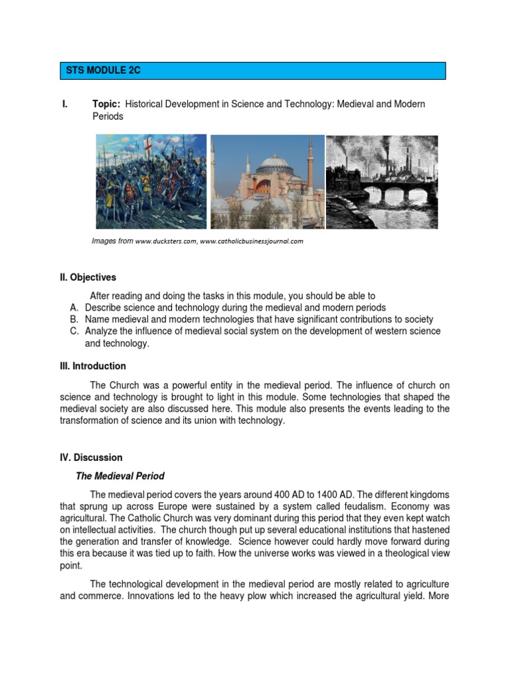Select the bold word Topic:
106,104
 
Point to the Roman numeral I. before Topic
64,104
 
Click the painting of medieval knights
151,181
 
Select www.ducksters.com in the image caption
165,241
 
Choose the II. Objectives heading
88,277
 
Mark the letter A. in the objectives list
73,307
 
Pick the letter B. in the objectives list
73,319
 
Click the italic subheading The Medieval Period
120,476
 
